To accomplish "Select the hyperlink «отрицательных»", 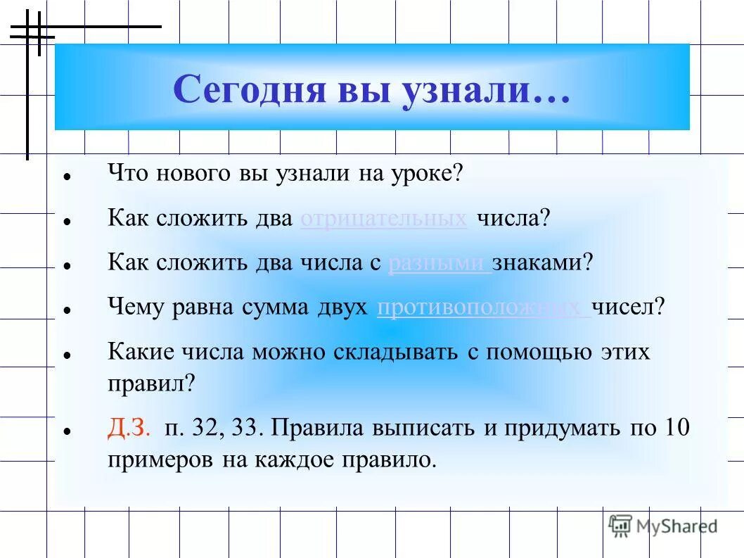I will (x=383, y=218).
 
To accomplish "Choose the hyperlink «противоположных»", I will (x=483, y=307).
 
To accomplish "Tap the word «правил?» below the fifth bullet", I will (x=151, y=383).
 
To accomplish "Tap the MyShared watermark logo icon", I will (x=620, y=525).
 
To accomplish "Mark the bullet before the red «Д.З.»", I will (x=66, y=431).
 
